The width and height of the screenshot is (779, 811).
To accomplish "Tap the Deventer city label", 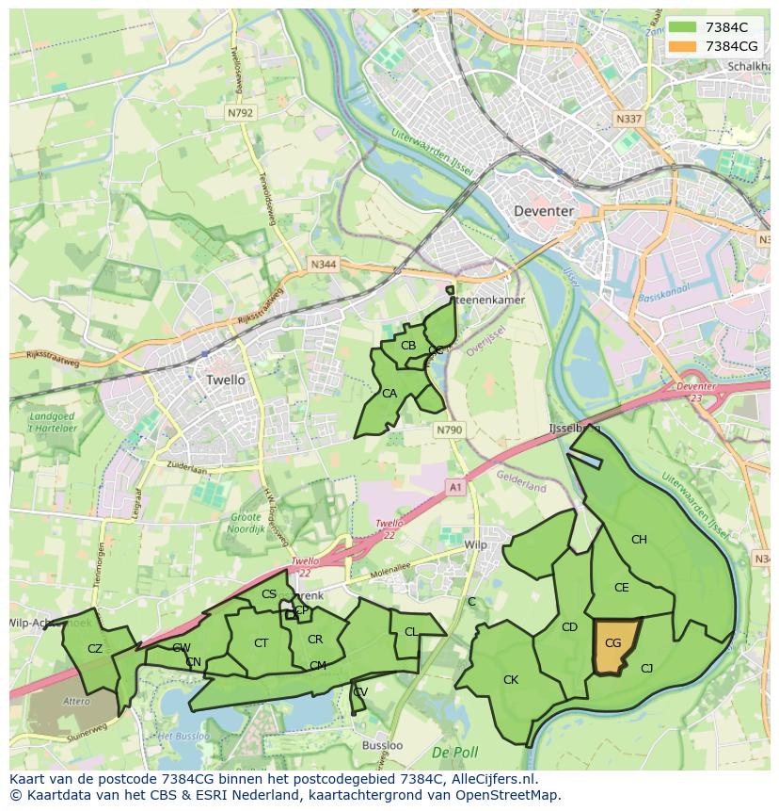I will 544,211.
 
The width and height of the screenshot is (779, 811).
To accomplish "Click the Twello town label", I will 225,380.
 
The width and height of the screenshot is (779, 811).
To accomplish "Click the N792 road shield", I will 240,112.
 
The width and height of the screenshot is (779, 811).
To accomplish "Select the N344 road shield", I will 323,266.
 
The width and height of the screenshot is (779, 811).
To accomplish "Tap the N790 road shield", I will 450,430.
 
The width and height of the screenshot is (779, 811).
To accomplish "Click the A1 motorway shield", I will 455,486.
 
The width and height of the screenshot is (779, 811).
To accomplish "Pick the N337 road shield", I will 628,120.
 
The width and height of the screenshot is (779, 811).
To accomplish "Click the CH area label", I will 639,540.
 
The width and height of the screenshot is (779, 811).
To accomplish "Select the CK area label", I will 511,679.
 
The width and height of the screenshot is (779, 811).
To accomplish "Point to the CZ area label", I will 95,648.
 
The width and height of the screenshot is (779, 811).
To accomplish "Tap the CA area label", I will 389,393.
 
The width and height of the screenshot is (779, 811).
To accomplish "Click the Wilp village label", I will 476,545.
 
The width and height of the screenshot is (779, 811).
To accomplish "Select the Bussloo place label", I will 382,745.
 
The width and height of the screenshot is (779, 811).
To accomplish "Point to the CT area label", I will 262,642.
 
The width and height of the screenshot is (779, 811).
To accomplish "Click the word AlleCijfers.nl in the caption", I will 489,779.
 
